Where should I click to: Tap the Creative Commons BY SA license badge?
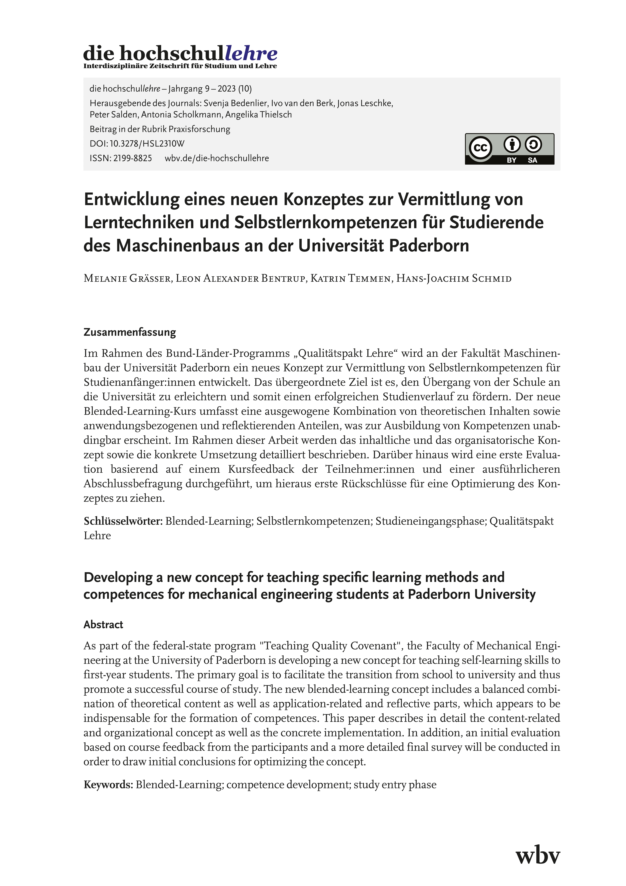509,149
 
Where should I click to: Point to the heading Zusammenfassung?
130,332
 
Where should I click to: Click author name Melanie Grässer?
127,279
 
